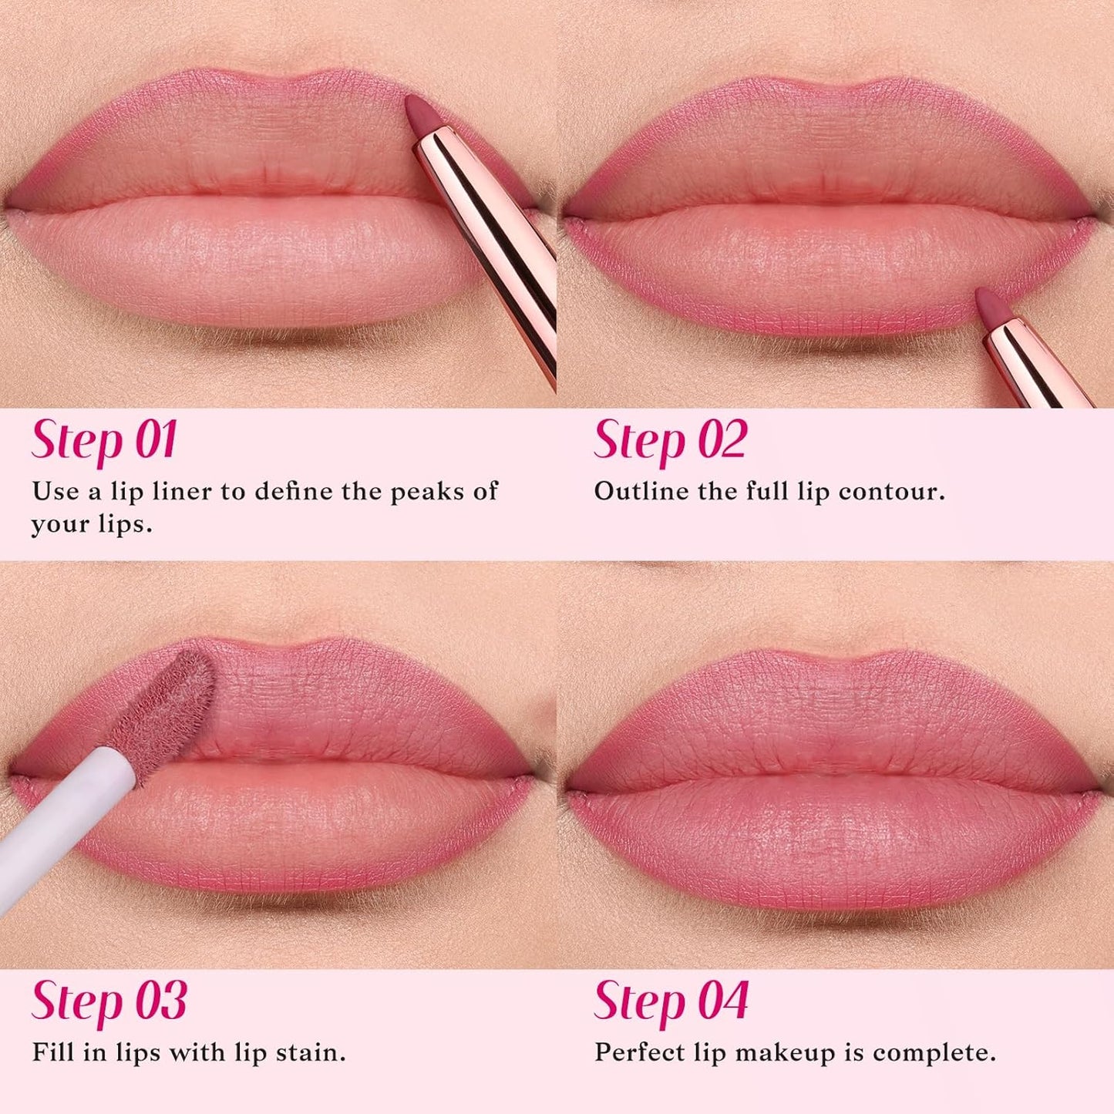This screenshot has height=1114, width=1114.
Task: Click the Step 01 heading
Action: pyautogui.click(x=105, y=441)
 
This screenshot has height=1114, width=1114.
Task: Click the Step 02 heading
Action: pyautogui.click(x=670, y=441)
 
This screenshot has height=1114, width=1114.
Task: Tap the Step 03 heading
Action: pyautogui.click(x=109, y=1001)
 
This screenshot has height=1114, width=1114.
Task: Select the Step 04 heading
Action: pyautogui.click(x=671, y=1001)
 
